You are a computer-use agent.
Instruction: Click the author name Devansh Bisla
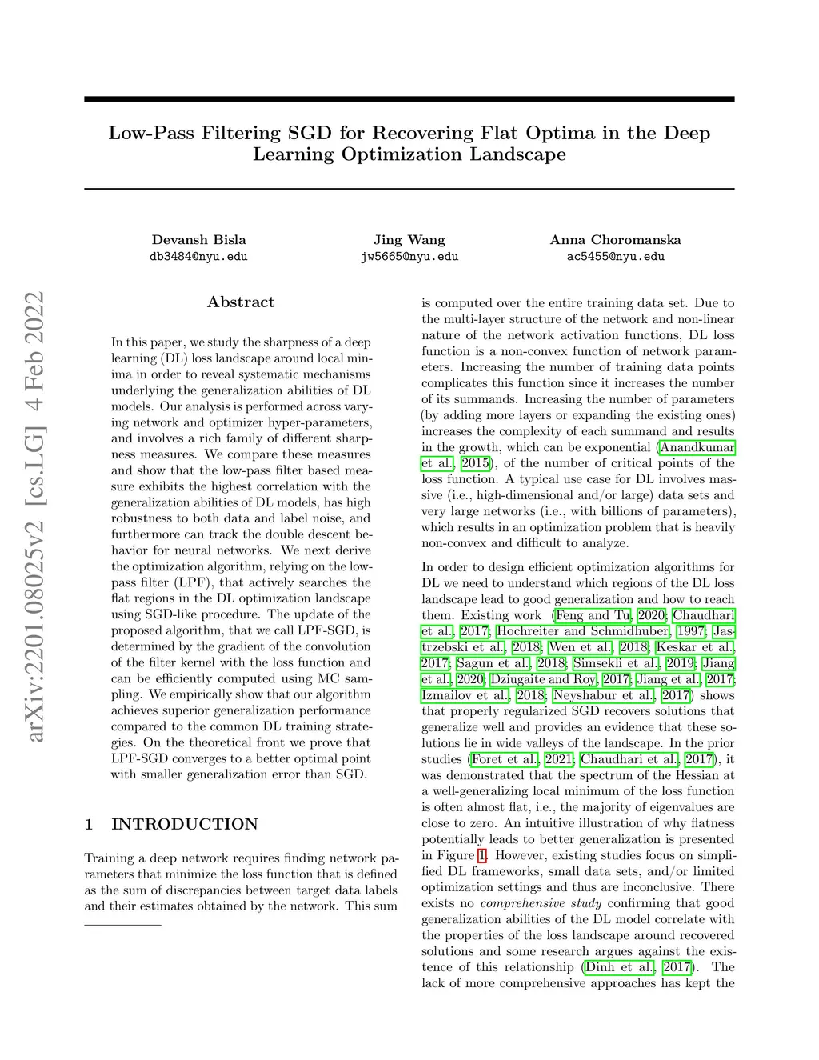pos(198,240)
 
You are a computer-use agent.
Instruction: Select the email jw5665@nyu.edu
pos(409,257)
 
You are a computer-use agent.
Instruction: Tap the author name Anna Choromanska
pos(615,240)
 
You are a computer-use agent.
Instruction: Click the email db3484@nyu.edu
pos(198,257)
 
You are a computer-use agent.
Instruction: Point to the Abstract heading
pos(241,302)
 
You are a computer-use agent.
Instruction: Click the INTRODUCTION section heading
pos(184,825)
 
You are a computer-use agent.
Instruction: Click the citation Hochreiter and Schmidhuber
pos(583,631)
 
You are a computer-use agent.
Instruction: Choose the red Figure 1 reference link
pos(481,855)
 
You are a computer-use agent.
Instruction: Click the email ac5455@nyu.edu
pos(615,257)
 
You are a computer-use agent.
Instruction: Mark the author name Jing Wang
pos(409,240)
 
